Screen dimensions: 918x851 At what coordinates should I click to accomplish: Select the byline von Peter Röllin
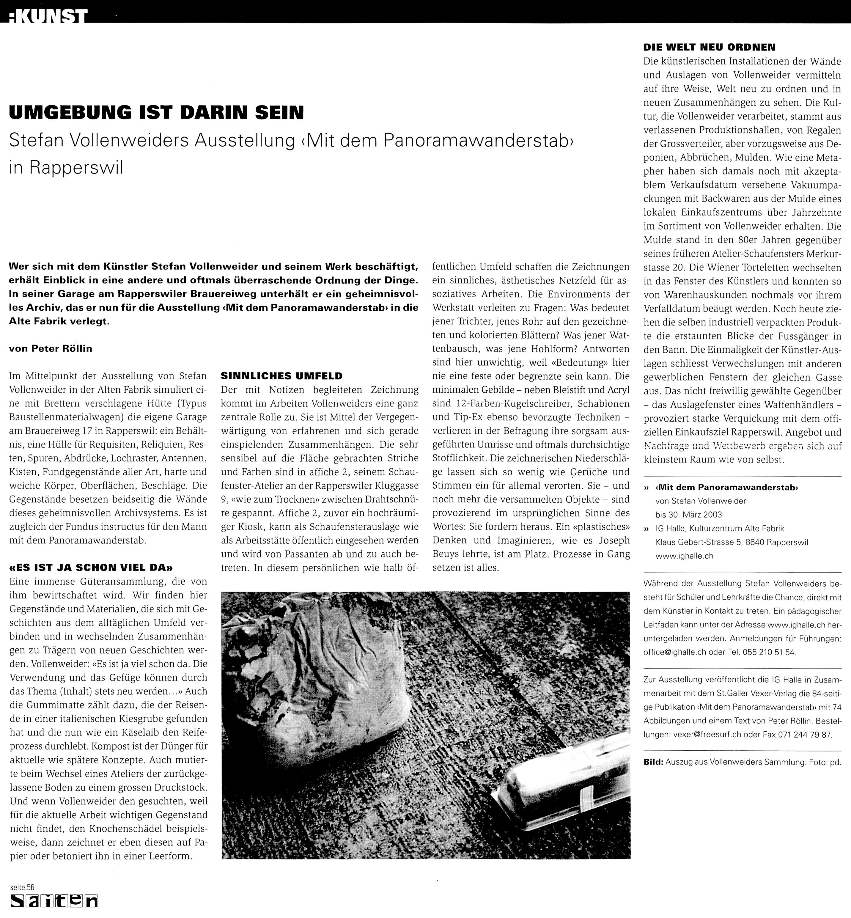click(50, 349)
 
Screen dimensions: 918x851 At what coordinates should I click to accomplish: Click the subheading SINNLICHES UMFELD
click(281, 376)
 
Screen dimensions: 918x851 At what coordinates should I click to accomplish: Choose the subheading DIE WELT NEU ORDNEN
click(709, 47)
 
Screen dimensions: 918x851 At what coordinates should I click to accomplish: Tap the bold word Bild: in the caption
click(653, 762)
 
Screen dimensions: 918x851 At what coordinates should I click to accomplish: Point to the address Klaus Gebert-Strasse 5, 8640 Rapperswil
click(732, 542)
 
